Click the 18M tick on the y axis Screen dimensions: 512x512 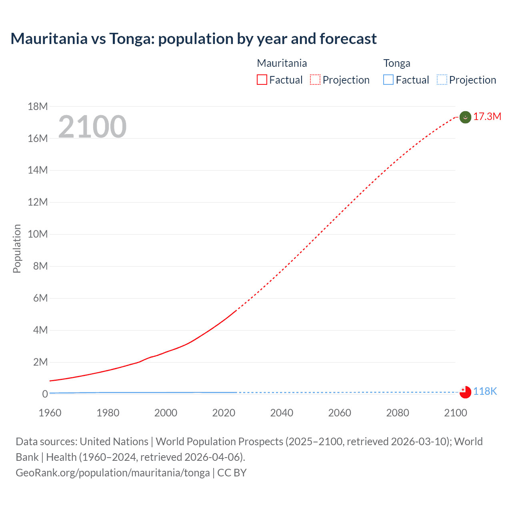38,106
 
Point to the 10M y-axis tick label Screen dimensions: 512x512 38,234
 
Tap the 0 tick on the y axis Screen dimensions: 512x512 45,394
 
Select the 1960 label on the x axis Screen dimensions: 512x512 50,413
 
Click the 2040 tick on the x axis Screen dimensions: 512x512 282,413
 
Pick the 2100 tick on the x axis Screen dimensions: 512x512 455,413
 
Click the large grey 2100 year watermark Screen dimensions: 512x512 92,127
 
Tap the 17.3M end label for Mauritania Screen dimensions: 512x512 487,116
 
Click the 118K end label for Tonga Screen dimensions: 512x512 485,391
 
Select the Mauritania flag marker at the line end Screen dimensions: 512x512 465,117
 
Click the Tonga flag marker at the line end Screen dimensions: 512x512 465,392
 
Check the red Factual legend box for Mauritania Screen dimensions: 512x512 262,80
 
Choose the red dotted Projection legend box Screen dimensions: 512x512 315,80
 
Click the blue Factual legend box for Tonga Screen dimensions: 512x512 388,80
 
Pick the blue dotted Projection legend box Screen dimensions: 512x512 442,80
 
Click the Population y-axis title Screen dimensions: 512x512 17,248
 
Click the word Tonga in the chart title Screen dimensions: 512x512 130,39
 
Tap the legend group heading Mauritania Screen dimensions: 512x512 282,63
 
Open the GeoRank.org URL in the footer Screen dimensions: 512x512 112,472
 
